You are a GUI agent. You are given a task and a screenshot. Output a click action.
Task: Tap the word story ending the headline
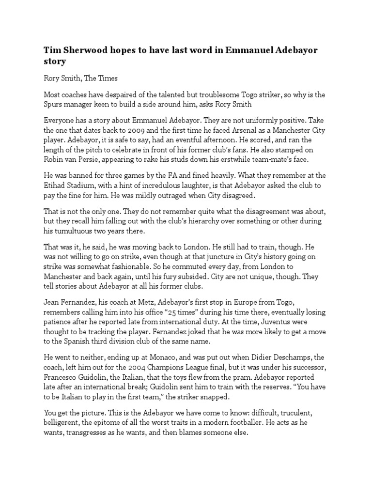tap(55, 62)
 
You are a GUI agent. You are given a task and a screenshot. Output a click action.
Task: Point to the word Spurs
tap(54, 105)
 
